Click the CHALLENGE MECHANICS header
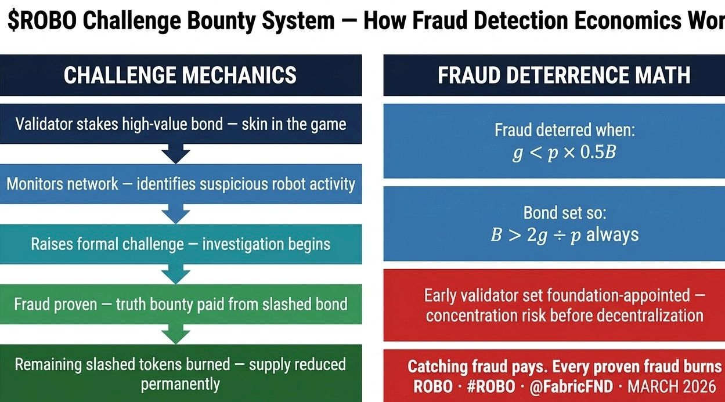coord(180,75)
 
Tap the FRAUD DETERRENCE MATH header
coord(564,75)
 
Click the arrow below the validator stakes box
coord(176,154)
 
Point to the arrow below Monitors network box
coord(176,214)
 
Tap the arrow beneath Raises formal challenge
coord(176,274)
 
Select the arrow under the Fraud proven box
coord(176,334)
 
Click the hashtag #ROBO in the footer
coord(492,386)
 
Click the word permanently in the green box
coord(180,384)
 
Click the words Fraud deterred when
coord(564,130)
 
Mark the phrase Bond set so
coord(564,213)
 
